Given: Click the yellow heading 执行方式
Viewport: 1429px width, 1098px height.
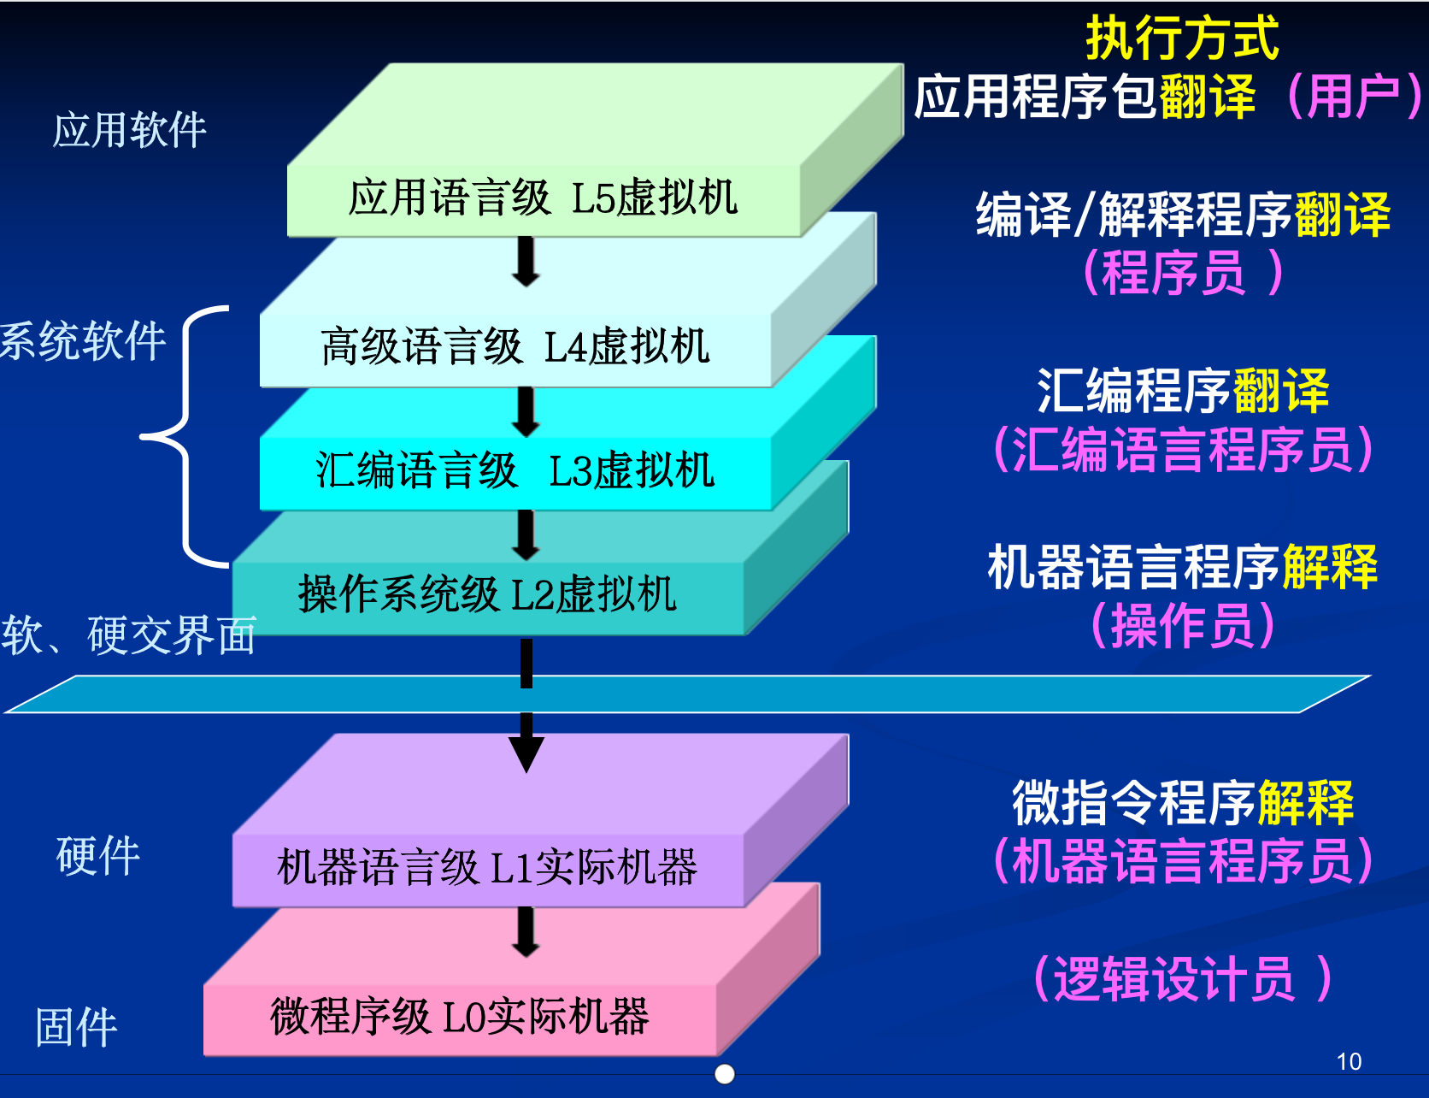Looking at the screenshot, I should coord(1181,38).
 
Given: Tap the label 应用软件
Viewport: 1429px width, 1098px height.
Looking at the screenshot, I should coord(129,130).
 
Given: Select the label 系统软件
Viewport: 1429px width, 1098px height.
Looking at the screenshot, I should coord(83,341).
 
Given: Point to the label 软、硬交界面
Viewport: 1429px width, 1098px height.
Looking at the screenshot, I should coord(128,635).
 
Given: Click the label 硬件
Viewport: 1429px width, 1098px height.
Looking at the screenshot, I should coord(97,856).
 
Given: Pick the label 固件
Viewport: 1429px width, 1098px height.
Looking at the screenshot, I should coord(76,1027).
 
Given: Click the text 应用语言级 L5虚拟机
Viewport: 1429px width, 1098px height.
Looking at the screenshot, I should coord(543,198).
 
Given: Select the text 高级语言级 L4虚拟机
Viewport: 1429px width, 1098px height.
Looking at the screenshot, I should coord(515,347).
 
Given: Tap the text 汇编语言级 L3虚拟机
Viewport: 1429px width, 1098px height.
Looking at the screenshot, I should coord(515,470).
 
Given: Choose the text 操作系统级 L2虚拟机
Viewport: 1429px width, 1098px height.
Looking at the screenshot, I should coord(487,593).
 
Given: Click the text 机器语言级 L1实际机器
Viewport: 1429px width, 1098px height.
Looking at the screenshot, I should coord(487,867).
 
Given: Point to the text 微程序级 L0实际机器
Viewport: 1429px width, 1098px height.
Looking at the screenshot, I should coord(460,1017).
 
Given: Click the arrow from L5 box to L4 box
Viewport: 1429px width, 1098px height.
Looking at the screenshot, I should coord(526,261).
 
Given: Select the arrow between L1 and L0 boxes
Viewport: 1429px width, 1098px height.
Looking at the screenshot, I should coord(526,931).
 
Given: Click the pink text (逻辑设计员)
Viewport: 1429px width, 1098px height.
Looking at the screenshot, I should coord(1182,978).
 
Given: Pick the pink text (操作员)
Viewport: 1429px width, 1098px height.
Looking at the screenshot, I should coord(1182,625).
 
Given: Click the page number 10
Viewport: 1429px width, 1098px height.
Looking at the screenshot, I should coord(1349,1062).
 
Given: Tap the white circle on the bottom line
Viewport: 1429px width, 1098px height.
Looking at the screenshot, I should coord(725,1074).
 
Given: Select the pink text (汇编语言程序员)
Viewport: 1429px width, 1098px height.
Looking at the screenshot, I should coord(1182,449).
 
